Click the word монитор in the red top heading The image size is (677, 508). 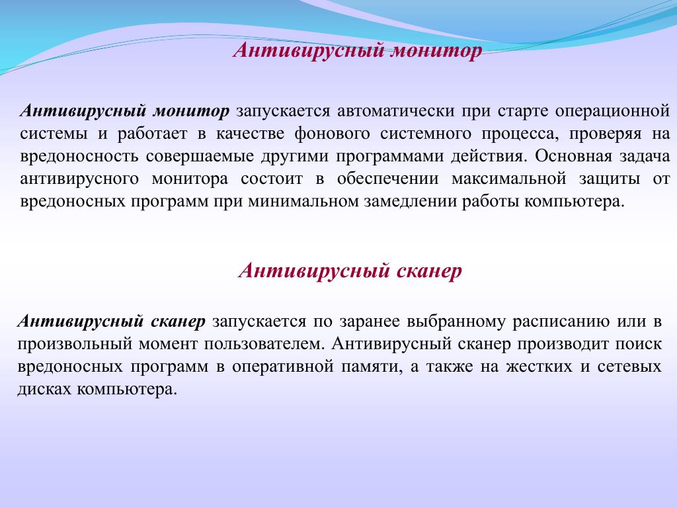[436, 50]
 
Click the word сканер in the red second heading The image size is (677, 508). [428, 271]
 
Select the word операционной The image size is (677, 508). [612, 112]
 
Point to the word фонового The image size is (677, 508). [332, 134]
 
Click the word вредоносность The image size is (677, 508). [79, 156]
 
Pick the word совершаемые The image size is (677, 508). [200, 156]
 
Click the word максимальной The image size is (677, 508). [508, 179]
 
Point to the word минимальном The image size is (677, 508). [303, 202]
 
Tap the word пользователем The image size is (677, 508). [263, 344]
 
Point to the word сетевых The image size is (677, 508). [629, 366]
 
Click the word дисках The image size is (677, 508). [44, 390]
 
